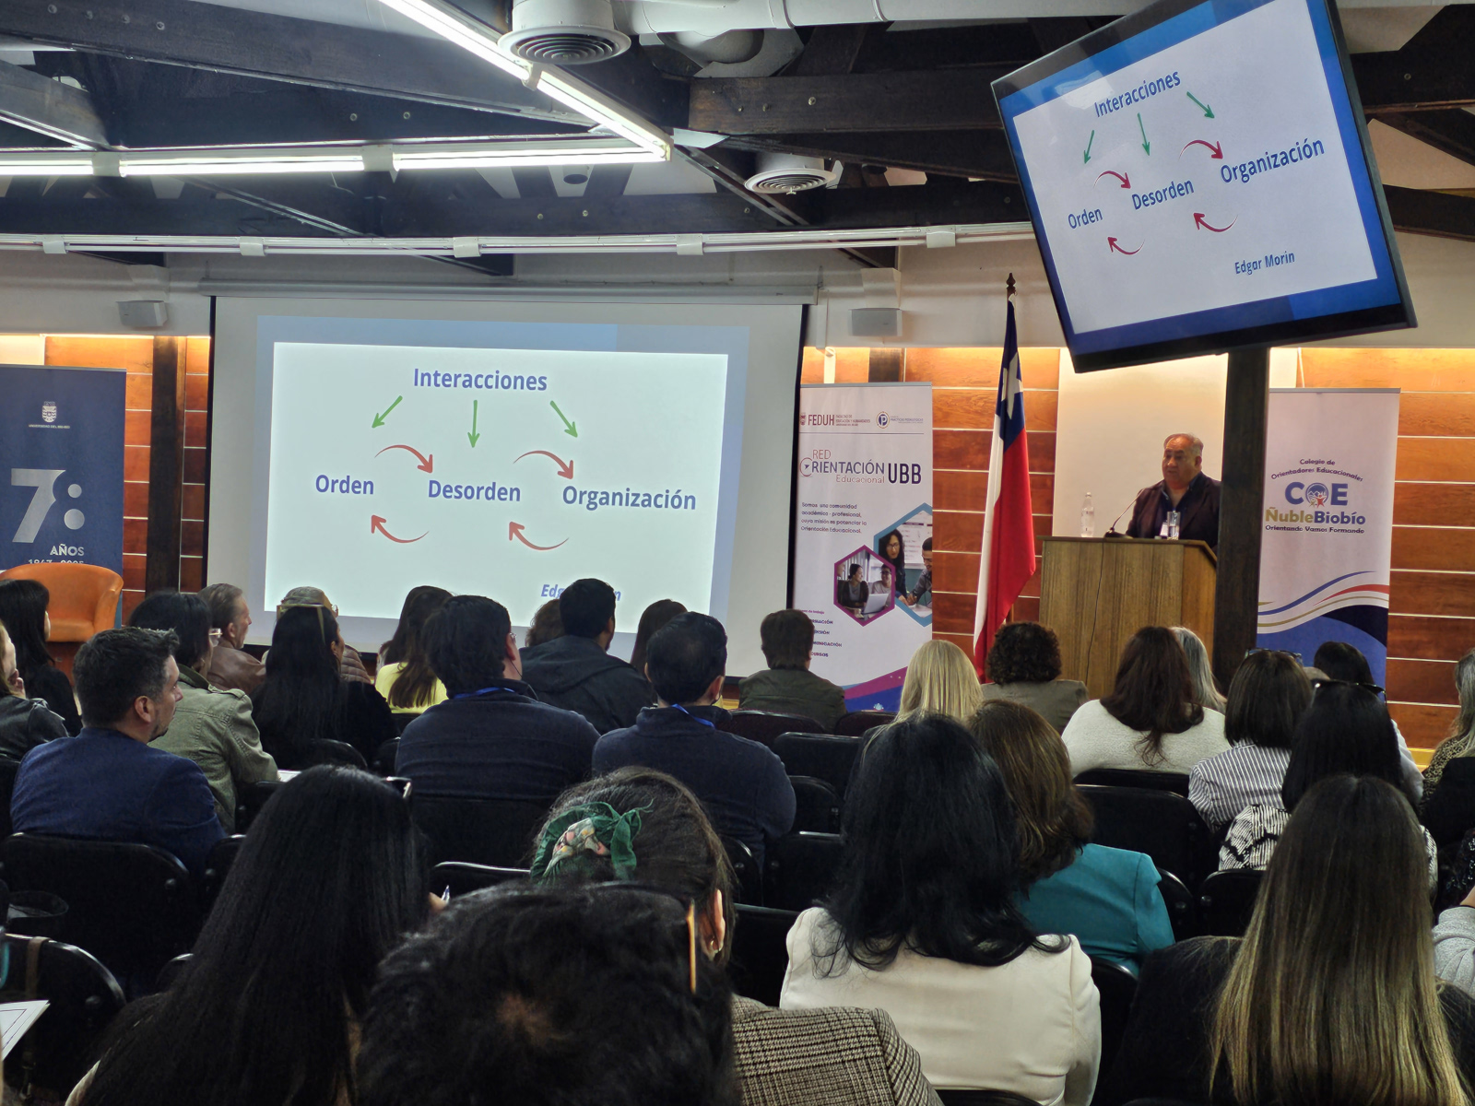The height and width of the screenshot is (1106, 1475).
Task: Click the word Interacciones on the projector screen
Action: coord(479,380)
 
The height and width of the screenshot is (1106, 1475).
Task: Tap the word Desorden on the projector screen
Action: coord(474,492)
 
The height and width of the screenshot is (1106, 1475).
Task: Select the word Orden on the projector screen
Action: coord(345,485)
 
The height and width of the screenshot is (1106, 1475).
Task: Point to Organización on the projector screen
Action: coord(629,499)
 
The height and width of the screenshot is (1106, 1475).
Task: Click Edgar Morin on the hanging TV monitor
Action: coord(1264,264)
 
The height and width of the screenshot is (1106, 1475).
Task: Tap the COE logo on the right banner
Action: coord(1316,493)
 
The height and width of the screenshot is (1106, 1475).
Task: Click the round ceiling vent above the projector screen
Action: coord(563,41)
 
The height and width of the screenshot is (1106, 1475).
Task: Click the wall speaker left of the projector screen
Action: coord(142,314)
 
